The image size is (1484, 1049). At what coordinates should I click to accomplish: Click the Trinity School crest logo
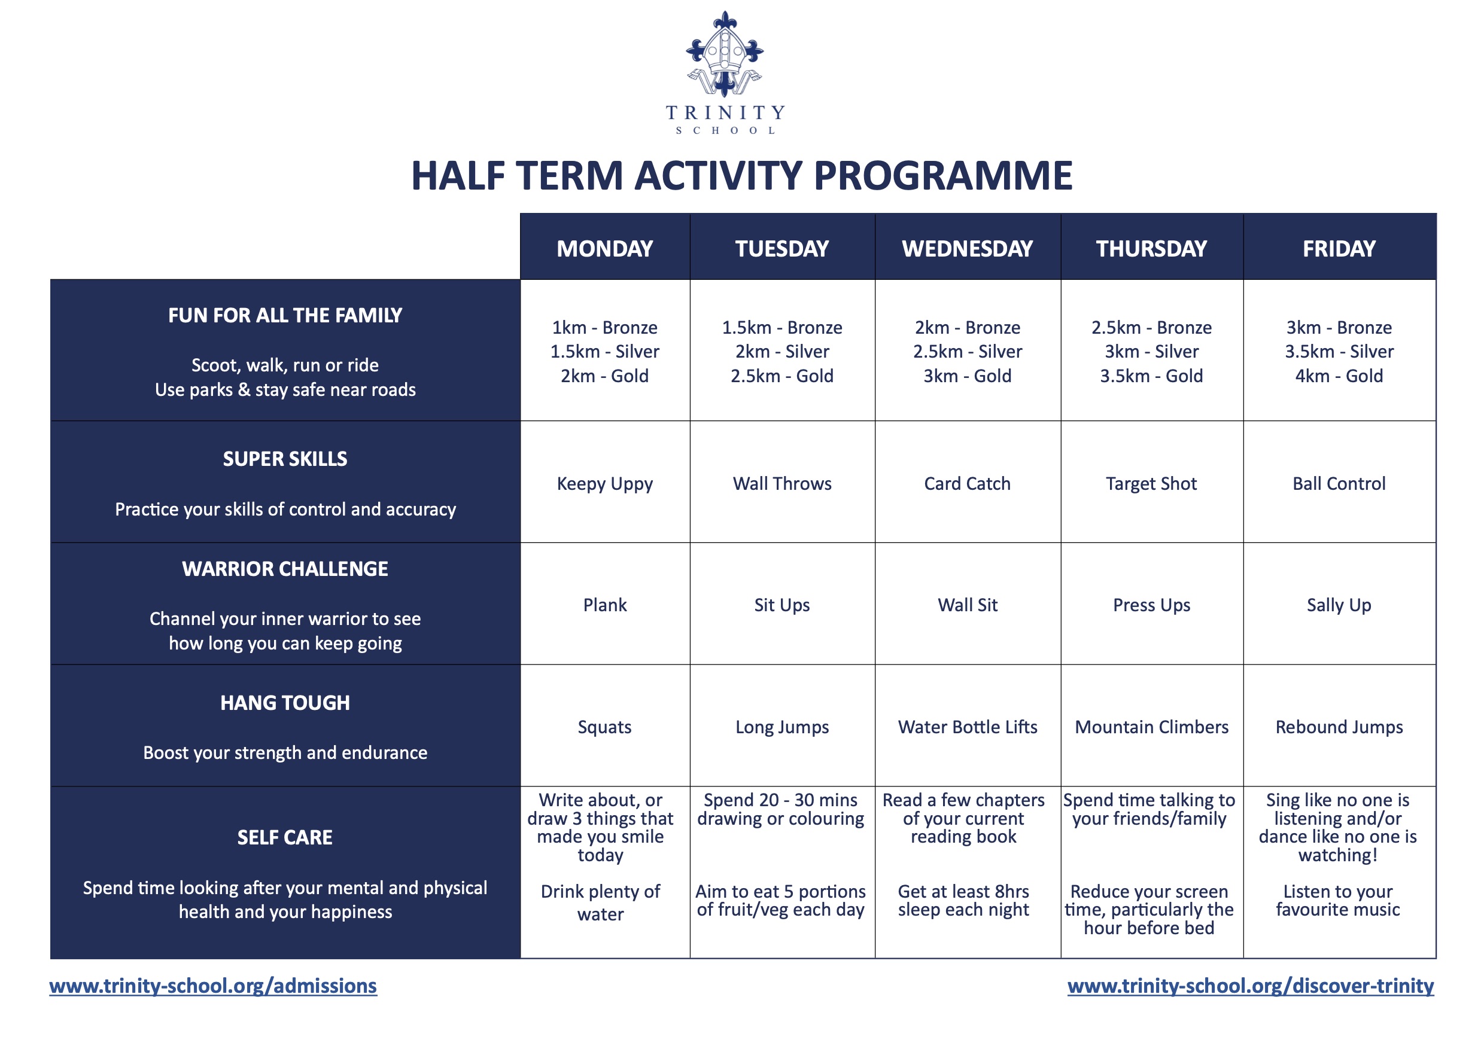click(725, 55)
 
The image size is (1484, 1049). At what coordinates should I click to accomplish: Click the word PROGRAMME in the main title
click(943, 176)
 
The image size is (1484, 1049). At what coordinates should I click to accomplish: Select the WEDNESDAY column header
click(967, 249)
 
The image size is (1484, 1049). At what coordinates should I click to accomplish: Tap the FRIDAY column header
click(1339, 249)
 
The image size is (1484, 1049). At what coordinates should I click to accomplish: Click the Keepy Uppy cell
click(604, 484)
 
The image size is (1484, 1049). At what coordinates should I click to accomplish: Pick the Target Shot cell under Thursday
click(1151, 484)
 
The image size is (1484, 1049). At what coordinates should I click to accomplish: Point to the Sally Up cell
click(1339, 605)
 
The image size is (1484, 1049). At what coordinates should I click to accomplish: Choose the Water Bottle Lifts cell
click(967, 727)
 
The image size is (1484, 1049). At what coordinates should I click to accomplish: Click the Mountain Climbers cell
click(1151, 727)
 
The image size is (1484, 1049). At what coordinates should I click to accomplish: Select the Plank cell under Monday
click(604, 605)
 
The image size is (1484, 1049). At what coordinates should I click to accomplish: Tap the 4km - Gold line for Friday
click(1339, 376)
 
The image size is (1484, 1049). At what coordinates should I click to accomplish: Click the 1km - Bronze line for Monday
click(604, 328)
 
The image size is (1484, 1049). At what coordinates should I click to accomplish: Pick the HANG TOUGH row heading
click(285, 703)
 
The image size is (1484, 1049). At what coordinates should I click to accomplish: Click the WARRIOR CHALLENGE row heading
click(285, 569)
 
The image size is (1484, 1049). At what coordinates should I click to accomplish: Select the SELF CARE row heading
click(285, 838)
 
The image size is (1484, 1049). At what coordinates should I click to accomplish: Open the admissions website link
click(213, 986)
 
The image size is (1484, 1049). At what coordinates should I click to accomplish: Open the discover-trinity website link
click(1250, 986)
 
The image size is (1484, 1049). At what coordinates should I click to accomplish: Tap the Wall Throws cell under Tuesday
click(781, 484)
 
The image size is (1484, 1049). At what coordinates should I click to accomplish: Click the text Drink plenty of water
click(600, 902)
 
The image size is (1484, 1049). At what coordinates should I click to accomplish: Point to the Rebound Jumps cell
click(1339, 727)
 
